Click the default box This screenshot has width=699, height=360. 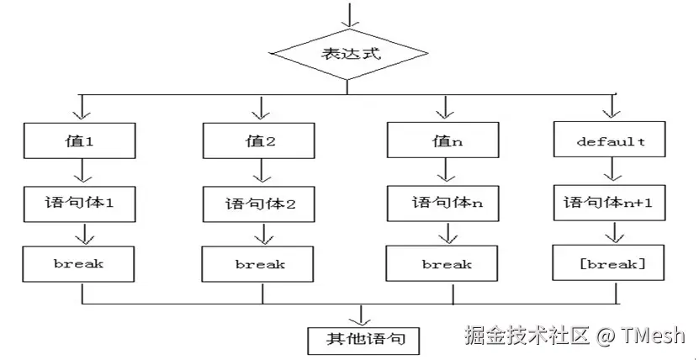610,140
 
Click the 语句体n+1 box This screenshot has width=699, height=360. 610,202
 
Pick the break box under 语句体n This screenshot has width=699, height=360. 446,263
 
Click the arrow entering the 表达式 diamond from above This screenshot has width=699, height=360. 349,15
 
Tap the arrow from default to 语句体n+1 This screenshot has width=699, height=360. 610,172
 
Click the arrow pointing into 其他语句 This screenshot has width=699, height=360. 363,315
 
